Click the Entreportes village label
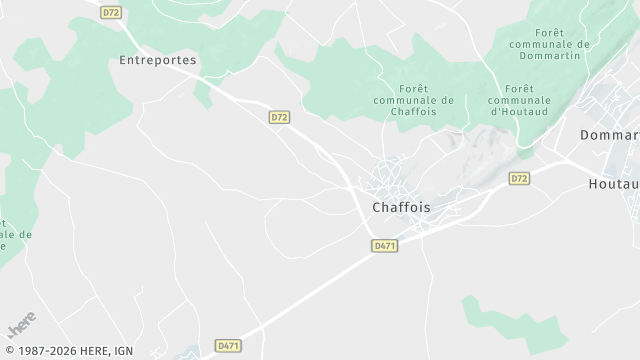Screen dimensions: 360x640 click(x=157, y=60)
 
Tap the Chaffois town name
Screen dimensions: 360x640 click(x=401, y=208)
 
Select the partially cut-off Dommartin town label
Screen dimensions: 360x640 click(x=610, y=134)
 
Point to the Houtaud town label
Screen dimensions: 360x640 click(x=613, y=185)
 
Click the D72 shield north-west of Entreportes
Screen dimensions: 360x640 click(x=111, y=13)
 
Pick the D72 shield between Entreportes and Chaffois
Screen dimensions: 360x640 click(x=279, y=117)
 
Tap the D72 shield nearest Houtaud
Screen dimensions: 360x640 click(x=519, y=178)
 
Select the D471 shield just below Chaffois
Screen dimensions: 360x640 click(x=384, y=245)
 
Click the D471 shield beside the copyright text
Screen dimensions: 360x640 click(x=229, y=346)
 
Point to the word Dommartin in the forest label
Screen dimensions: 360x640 click(x=548, y=58)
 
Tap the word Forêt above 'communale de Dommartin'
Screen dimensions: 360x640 click(x=549, y=32)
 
